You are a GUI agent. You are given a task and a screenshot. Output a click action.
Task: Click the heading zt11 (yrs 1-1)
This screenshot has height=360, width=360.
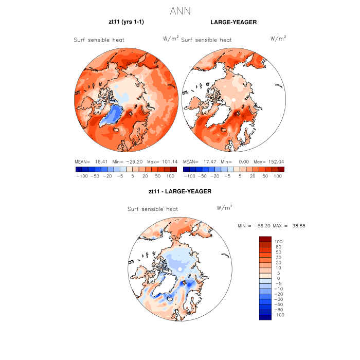pos(126,23)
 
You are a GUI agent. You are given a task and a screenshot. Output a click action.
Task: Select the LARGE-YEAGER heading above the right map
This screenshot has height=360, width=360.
pos(233,23)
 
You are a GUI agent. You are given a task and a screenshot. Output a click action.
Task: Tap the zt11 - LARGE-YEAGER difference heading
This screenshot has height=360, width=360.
pos(179,191)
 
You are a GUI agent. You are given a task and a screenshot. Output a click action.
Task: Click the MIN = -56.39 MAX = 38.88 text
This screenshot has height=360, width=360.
pos(269,226)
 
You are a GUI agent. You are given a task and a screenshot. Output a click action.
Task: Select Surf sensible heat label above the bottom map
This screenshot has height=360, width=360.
pos(153,209)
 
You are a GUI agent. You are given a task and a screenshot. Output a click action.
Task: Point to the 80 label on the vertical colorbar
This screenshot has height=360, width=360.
pos(278,247)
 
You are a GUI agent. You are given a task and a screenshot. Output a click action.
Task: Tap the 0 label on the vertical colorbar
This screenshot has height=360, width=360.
pos(277,278)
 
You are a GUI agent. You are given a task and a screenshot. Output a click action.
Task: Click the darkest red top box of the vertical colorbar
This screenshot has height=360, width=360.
pos(265,239)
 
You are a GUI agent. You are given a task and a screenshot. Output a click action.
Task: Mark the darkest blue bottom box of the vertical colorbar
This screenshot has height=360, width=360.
pos(265,317)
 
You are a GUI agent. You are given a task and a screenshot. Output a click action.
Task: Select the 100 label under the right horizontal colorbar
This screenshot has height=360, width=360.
pos(278,176)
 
